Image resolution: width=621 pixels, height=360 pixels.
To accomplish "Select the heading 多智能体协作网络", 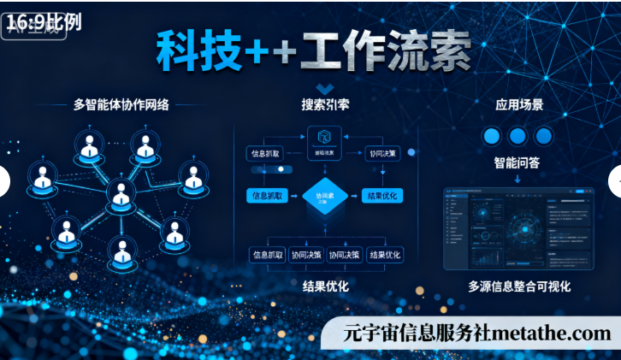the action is click(121, 105).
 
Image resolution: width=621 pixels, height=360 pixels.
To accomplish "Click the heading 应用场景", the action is click(519, 106).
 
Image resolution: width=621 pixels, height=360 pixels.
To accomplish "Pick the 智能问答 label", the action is click(517, 162).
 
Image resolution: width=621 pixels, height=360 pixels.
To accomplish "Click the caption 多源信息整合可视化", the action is click(519, 286).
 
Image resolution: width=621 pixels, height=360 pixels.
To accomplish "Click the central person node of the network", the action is click(121, 195).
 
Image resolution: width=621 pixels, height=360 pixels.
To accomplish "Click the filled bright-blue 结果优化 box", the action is click(382, 196).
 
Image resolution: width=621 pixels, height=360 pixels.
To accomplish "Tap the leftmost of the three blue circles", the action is click(491, 136).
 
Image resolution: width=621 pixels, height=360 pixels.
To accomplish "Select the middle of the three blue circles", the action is click(517, 136).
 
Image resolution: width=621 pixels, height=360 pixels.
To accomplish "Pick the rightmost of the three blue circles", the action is click(543, 136).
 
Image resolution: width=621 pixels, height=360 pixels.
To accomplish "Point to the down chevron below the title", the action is click(324, 88).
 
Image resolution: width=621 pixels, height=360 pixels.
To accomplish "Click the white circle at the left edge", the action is click(3, 181).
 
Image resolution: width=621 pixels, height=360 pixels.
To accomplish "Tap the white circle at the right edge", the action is click(617, 181).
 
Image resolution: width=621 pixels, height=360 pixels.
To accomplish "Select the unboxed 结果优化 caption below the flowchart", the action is click(325, 286).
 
